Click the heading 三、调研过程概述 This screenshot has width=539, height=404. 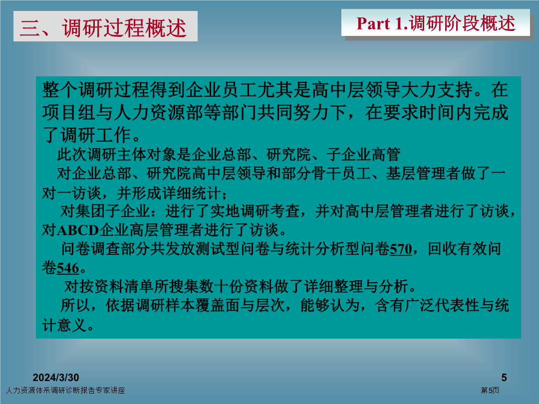click(x=103, y=27)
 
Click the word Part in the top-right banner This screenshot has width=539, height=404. click(x=373, y=24)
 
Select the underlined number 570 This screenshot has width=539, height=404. click(x=401, y=249)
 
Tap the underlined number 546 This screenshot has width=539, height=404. click(x=68, y=268)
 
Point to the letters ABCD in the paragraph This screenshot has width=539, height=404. click(x=78, y=230)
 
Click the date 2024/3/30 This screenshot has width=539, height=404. click(x=56, y=378)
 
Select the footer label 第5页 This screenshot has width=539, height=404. click(x=490, y=390)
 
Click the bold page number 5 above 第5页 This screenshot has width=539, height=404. click(x=504, y=378)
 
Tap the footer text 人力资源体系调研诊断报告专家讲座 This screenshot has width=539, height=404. click(x=65, y=390)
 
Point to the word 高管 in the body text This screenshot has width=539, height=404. click(x=386, y=155)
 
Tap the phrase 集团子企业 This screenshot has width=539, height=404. click(x=105, y=211)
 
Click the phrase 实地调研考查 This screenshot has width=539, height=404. click(x=255, y=211)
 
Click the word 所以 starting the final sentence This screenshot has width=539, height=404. click(x=75, y=305)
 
